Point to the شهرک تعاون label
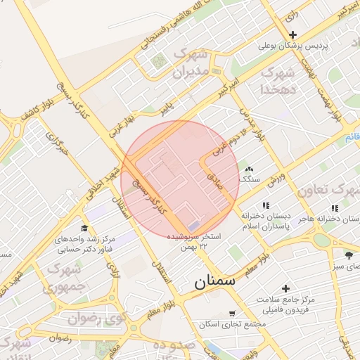(328, 191)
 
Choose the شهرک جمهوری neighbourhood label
(64, 278)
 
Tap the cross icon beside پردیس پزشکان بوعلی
(293, 35)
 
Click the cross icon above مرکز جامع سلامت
(285, 288)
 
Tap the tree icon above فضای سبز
(349, 253)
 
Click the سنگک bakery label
(249, 179)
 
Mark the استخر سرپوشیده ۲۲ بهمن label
(193, 242)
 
